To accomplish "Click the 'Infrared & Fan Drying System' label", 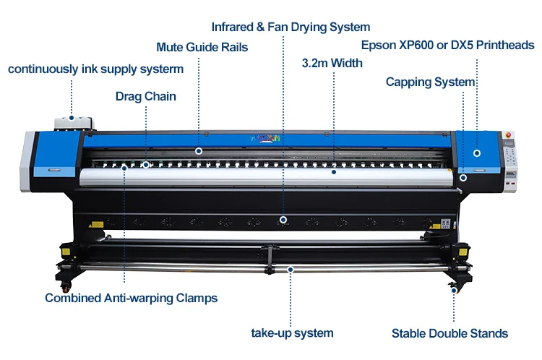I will [x=291, y=27].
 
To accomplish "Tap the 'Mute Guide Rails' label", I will [x=202, y=48].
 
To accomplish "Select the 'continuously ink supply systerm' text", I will [x=95, y=69].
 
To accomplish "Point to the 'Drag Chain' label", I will [x=146, y=96].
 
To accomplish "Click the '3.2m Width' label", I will [x=332, y=63].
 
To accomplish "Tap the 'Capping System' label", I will [x=431, y=82].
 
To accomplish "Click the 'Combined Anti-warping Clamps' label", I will [x=131, y=297].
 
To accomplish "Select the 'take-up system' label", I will [x=292, y=333].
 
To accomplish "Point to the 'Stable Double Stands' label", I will [x=449, y=333].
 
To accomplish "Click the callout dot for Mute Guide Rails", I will [x=199, y=151].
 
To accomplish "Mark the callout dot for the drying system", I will [x=283, y=219].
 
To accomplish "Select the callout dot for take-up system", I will [x=291, y=269].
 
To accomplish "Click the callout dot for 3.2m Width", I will [x=333, y=172].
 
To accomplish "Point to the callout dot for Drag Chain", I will [x=145, y=165].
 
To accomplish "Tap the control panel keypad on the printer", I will [x=510, y=155].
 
